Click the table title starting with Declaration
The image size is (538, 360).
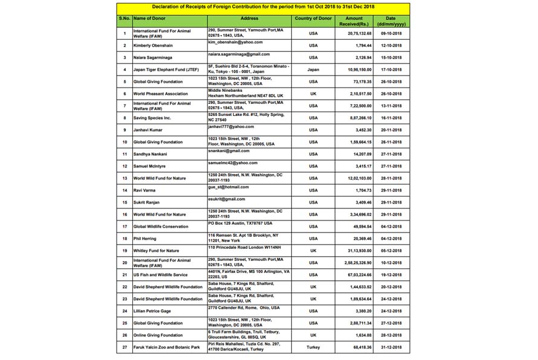[263, 7]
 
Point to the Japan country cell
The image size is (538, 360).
[313, 69]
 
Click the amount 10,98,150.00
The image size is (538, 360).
[358, 69]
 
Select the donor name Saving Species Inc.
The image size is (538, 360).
[152, 118]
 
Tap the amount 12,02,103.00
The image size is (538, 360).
[358, 178]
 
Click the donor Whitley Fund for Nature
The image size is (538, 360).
[156, 251]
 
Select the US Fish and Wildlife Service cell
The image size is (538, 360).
[161, 275]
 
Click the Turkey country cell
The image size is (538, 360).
[313, 347]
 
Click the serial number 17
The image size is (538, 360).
[125, 227]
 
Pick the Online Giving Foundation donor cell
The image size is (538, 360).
[158, 335]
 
